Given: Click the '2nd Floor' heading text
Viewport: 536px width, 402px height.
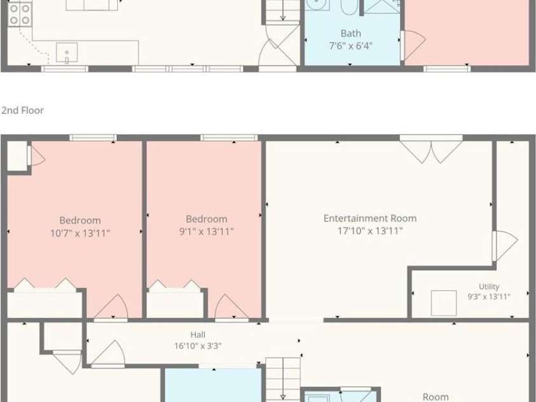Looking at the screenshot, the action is click(22, 111).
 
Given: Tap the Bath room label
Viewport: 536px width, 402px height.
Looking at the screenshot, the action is click(351, 34).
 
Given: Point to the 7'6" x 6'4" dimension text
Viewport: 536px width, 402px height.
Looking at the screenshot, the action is click(351, 46).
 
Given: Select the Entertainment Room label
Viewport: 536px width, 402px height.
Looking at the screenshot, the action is click(370, 218).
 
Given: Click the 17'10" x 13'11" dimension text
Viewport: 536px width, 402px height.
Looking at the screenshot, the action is click(370, 231).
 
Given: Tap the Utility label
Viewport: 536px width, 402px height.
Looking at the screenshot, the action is click(489, 286).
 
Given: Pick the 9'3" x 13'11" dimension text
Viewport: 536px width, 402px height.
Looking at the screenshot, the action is click(489, 296).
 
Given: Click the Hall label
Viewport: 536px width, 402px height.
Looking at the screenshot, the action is click(198, 335).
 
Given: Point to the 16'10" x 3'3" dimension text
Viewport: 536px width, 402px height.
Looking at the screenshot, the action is click(198, 346).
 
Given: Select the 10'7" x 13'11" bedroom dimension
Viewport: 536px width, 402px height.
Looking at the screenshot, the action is click(80, 233).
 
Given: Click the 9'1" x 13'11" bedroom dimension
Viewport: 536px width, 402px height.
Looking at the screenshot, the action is click(207, 232).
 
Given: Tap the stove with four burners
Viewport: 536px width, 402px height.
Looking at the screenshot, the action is click(20, 15).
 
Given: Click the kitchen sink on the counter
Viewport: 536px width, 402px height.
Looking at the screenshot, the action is click(67, 53).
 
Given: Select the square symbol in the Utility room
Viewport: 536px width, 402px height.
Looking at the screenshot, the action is click(444, 303).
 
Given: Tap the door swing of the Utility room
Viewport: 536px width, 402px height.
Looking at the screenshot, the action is click(505, 246).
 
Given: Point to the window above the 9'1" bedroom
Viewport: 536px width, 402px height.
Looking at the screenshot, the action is click(229, 138).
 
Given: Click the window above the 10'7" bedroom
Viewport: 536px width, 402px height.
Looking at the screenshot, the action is click(93, 138).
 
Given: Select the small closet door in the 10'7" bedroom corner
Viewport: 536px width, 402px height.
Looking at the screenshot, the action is click(36, 156).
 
